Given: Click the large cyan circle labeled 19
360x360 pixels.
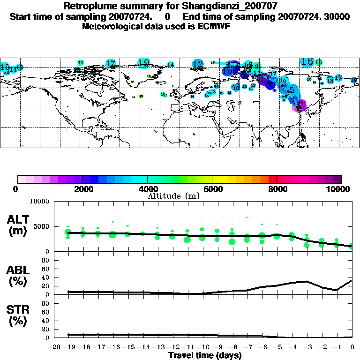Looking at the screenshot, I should (144, 62).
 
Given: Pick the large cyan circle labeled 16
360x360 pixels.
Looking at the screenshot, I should (307, 61).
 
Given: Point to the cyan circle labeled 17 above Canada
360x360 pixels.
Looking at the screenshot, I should (111, 63).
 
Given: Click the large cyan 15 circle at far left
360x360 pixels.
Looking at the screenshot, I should (5, 67).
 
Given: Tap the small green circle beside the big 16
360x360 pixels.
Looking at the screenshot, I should (319, 62).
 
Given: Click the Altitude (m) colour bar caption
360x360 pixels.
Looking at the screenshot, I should (173, 196).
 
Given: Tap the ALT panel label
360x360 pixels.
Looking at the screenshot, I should (18, 220).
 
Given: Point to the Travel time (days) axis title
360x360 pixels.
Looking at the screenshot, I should (205, 355).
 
